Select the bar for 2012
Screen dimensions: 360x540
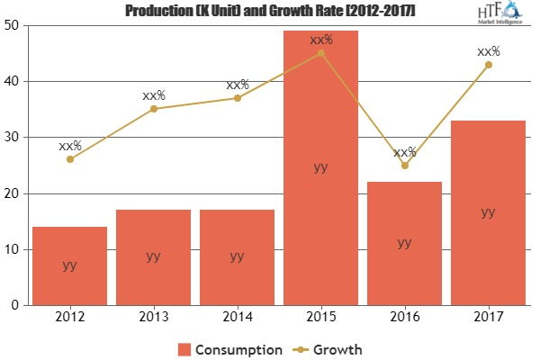point(69,265)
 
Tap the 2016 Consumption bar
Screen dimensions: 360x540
point(404,243)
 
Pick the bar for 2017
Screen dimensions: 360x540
point(488,212)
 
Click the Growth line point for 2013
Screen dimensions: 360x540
point(153,109)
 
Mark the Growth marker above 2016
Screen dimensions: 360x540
point(404,166)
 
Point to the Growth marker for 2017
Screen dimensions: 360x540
point(488,64)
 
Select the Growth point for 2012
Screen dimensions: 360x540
point(69,159)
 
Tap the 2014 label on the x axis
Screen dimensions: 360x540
point(237,316)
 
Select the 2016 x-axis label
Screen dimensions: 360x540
point(404,316)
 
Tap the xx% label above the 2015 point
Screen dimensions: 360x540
point(321,40)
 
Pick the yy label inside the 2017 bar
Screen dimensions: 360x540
point(488,212)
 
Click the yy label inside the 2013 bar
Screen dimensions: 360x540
point(153,256)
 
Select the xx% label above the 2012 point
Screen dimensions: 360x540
point(70,146)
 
